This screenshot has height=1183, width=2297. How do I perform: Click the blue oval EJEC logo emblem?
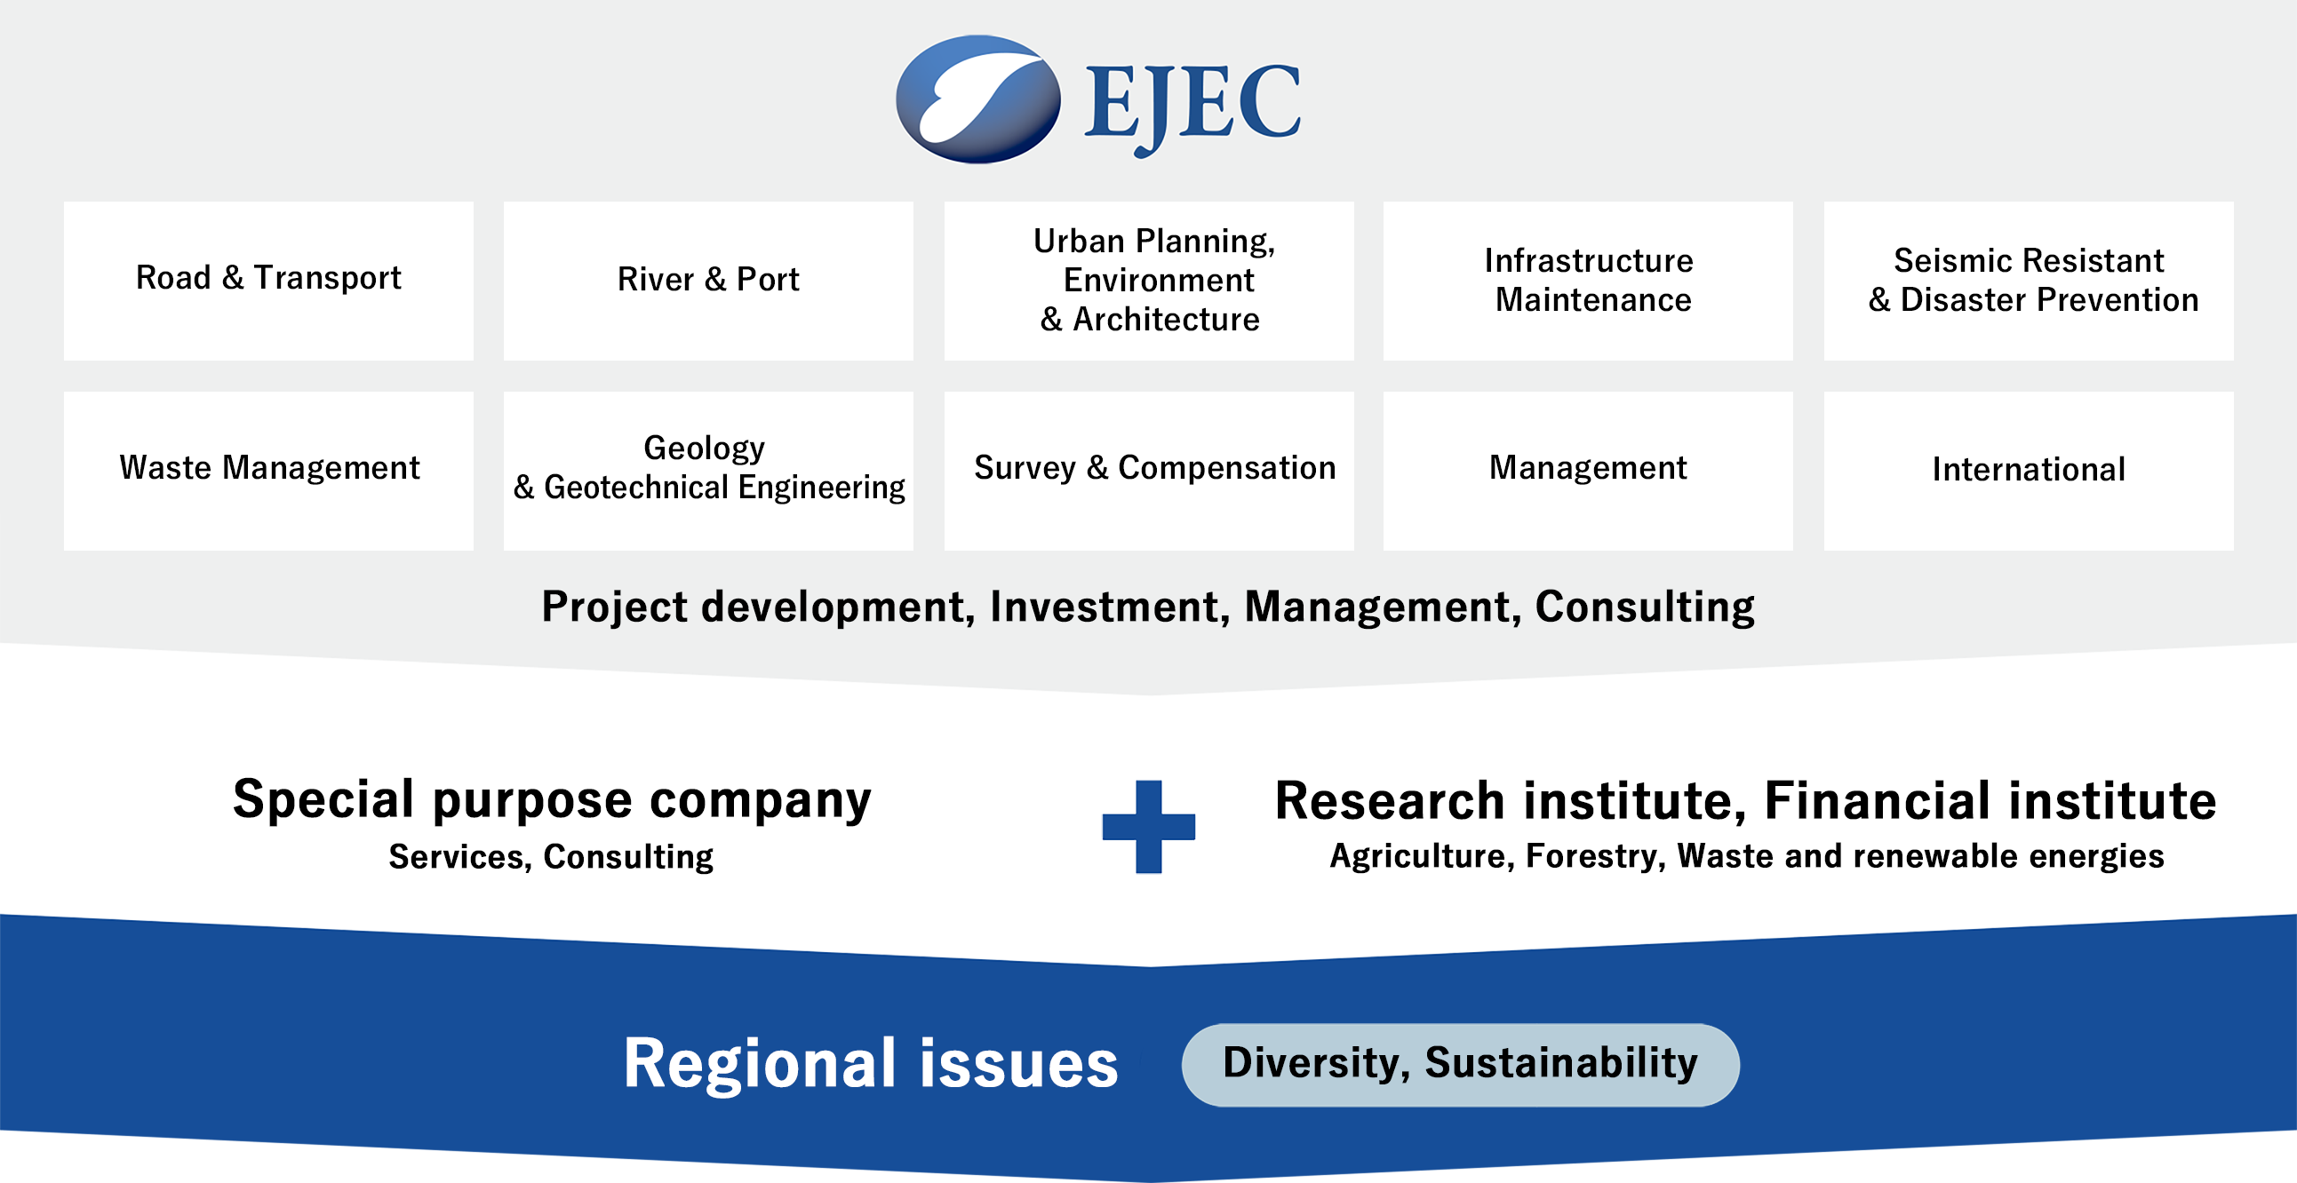coord(978,99)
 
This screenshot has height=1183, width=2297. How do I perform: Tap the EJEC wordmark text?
coord(1192,107)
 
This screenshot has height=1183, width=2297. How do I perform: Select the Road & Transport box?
coord(268,281)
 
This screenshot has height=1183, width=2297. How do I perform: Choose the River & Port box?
coord(708,281)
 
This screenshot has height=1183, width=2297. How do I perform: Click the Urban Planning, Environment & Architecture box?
coord(1148,281)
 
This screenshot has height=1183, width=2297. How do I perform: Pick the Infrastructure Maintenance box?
coord(1588,281)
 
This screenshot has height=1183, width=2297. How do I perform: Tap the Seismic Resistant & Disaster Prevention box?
coord(2029,281)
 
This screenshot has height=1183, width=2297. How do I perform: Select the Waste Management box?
coord(268,471)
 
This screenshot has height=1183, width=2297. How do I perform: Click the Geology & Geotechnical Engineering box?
coord(708,471)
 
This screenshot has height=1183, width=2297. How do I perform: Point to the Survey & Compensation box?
coord(1148,471)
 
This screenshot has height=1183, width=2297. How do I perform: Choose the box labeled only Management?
coord(1588,471)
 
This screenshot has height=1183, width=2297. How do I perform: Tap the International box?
coord(2029,471)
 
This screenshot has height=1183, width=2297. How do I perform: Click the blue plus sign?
coord(1148,826)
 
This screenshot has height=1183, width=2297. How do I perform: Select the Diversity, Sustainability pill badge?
coord(1461,1064)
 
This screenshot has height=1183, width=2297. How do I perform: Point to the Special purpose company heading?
coord(552,800)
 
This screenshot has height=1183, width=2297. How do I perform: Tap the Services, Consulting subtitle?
coord(551,857)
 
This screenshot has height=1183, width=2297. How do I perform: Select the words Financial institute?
coord(1990,799)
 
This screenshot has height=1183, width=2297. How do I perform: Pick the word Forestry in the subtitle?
coord(1595,856)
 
